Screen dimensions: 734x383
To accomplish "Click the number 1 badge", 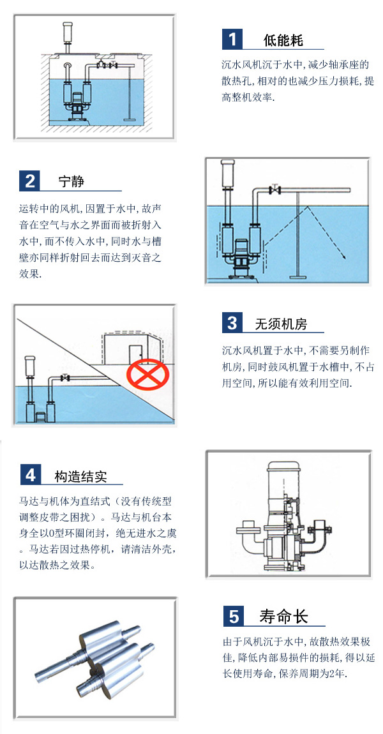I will point(232,40).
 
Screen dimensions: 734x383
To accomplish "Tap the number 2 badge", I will point(30,181).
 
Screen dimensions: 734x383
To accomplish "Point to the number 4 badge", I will point(30,475).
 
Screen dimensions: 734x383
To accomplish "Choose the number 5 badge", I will point(233,616).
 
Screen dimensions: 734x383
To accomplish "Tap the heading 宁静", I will point(71,181).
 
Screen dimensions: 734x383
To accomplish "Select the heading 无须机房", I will point(281,324).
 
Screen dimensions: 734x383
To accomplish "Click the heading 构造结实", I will point(80,476).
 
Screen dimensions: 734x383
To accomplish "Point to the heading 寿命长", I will point(283,617).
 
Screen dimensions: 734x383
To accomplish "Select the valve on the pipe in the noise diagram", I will point(275,190).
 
